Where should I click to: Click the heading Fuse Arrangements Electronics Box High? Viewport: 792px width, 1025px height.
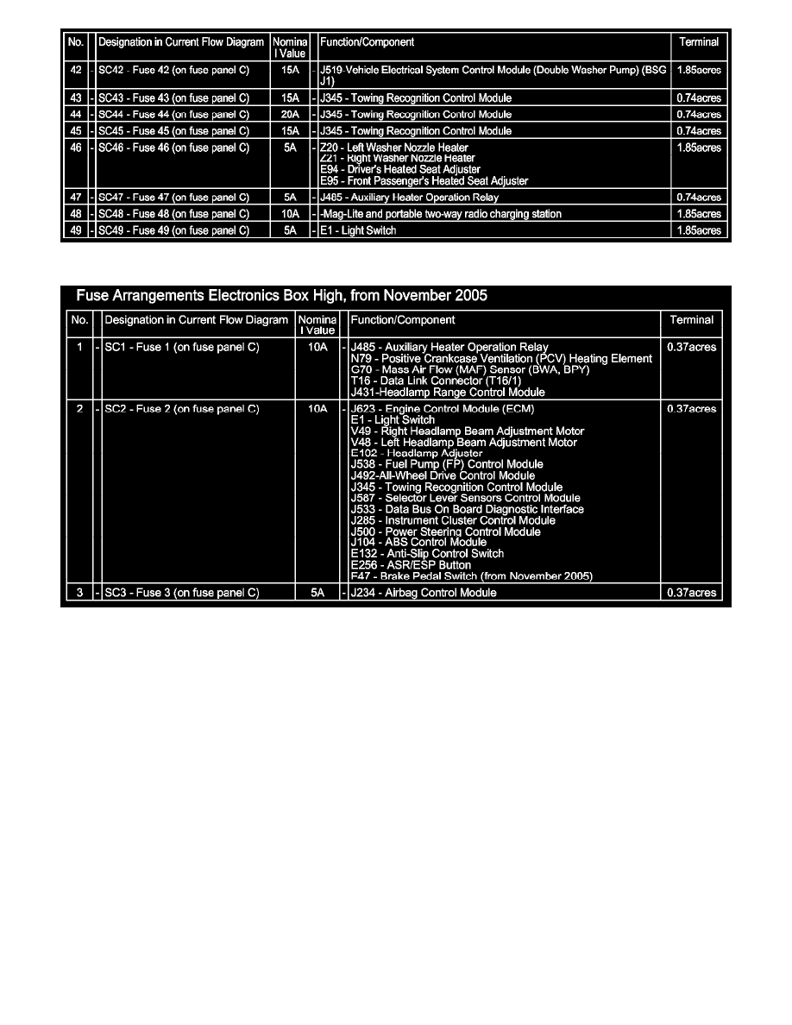coord(281,295)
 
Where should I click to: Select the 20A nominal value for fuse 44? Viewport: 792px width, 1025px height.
coord(290,115)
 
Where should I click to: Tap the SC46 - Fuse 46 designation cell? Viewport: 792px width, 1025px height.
coord(173,148)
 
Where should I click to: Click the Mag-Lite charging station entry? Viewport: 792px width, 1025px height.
coord(440,214)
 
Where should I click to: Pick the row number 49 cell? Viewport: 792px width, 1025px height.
coord(76,230)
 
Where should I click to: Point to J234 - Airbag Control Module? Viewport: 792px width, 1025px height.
coord(424,593)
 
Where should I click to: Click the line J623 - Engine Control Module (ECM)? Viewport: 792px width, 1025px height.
coord(443,408)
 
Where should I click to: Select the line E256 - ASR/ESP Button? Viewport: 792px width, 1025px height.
coord(411,565)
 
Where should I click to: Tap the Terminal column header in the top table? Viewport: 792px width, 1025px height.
coord(699,41)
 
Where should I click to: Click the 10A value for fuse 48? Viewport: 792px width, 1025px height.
coord(290,214)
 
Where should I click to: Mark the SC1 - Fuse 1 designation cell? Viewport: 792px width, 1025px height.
coord(181,347)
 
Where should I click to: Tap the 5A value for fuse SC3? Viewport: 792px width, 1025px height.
coord(317,593)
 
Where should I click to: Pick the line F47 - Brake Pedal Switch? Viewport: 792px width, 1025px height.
coord(471,576)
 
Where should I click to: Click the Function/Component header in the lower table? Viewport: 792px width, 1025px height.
coord(402,320)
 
